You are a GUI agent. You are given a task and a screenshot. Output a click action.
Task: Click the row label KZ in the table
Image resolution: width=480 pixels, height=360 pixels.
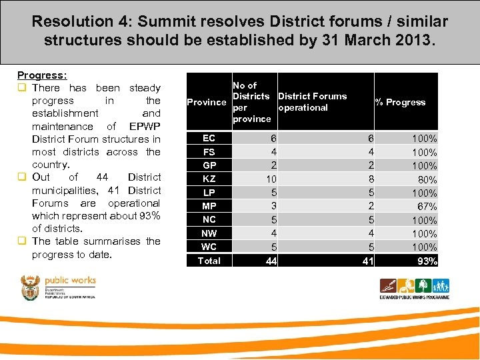209,179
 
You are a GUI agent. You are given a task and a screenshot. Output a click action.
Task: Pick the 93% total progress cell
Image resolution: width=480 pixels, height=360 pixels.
427,261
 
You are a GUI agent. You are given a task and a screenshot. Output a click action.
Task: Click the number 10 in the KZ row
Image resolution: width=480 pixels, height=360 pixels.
271,179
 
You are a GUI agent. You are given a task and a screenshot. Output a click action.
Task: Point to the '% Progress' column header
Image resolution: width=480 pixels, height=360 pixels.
400,102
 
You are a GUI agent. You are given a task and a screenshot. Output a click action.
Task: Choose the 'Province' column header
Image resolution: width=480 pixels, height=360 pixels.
207,102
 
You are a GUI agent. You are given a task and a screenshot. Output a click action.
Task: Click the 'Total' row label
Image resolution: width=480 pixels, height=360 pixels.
209,261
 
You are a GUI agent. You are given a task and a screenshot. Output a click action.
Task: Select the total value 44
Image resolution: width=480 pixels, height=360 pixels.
271,261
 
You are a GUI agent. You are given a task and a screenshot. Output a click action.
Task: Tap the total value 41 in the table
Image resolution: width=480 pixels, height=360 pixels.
368,261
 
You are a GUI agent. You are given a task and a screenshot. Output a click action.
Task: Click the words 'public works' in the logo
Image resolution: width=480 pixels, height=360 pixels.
69,281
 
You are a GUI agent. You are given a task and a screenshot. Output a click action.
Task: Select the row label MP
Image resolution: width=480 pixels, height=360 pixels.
209,206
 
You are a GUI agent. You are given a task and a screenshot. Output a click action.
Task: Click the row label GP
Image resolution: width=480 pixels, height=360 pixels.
209,165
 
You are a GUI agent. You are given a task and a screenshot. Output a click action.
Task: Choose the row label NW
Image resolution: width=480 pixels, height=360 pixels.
209,233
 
